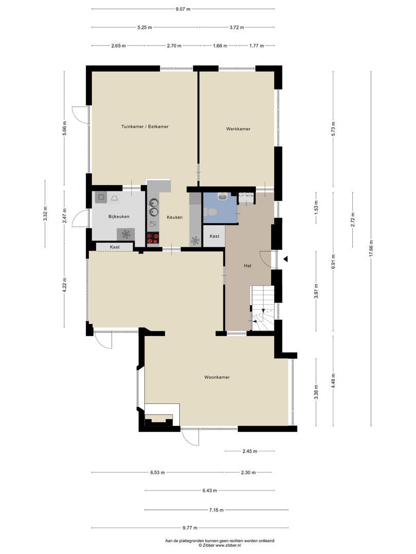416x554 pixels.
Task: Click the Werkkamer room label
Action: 238,129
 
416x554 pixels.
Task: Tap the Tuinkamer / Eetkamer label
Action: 145,127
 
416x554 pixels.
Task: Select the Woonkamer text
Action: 217,378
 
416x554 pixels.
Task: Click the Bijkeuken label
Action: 119,216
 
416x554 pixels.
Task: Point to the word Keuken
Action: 175,217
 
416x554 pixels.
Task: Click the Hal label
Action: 248,266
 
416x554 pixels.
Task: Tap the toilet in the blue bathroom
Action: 211,212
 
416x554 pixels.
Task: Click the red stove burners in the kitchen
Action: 153,239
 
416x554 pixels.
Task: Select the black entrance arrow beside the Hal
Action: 286,259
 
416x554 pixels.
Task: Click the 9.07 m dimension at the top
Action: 183,9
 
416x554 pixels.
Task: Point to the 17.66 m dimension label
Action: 371,249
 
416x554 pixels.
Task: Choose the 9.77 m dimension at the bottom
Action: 190,528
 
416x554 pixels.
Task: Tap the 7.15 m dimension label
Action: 216,510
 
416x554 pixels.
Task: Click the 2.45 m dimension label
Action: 250,451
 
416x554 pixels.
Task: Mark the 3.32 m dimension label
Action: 45,214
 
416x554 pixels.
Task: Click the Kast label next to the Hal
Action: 214,236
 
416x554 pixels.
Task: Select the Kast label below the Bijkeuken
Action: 115,247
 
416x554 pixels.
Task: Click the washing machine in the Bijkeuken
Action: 101,197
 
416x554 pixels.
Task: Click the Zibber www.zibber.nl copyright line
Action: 220,545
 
